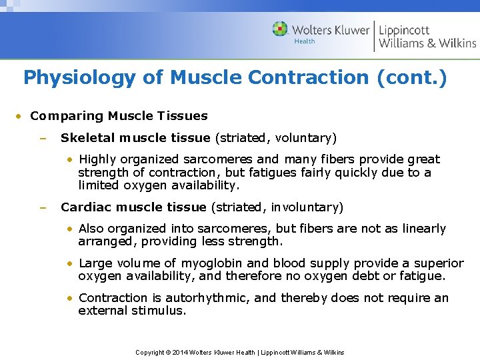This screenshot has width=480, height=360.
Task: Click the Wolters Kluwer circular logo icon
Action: pyautogui.click(x=280, y=29)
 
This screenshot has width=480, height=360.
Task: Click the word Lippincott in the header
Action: pyautogui.click(x=404, y=30)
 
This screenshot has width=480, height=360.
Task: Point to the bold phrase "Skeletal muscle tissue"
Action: pyautogui.click(x=135, y=138)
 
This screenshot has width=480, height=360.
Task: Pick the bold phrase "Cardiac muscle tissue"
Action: pyautogui.click(x=133, y=207)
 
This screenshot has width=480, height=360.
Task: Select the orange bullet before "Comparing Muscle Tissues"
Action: pyautogui.click(x=21, y=117)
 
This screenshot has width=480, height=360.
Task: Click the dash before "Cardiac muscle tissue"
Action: pyautogui.click(x=42, y=208)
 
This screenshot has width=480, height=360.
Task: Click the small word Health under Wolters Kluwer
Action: pyautogui.click(x=305, y=41)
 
